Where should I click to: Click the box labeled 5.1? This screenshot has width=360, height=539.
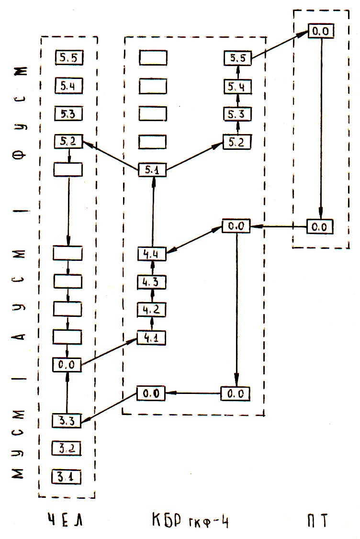(152, 169)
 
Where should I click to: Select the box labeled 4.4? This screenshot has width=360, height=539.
(152, 254)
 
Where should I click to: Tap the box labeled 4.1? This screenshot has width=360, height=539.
(152, 337)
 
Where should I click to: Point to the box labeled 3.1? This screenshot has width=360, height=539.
(67, 477)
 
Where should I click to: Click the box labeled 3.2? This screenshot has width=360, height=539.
(67, 449)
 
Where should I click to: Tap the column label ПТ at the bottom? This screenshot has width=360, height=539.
(318, 520)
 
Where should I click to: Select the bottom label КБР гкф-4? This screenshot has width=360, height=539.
(190, 520)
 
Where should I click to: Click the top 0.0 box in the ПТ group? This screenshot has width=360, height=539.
(320, 31)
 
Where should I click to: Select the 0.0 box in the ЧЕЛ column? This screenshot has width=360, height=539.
(67, 365)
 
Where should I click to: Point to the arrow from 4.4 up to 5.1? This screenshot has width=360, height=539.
(152, 211)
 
